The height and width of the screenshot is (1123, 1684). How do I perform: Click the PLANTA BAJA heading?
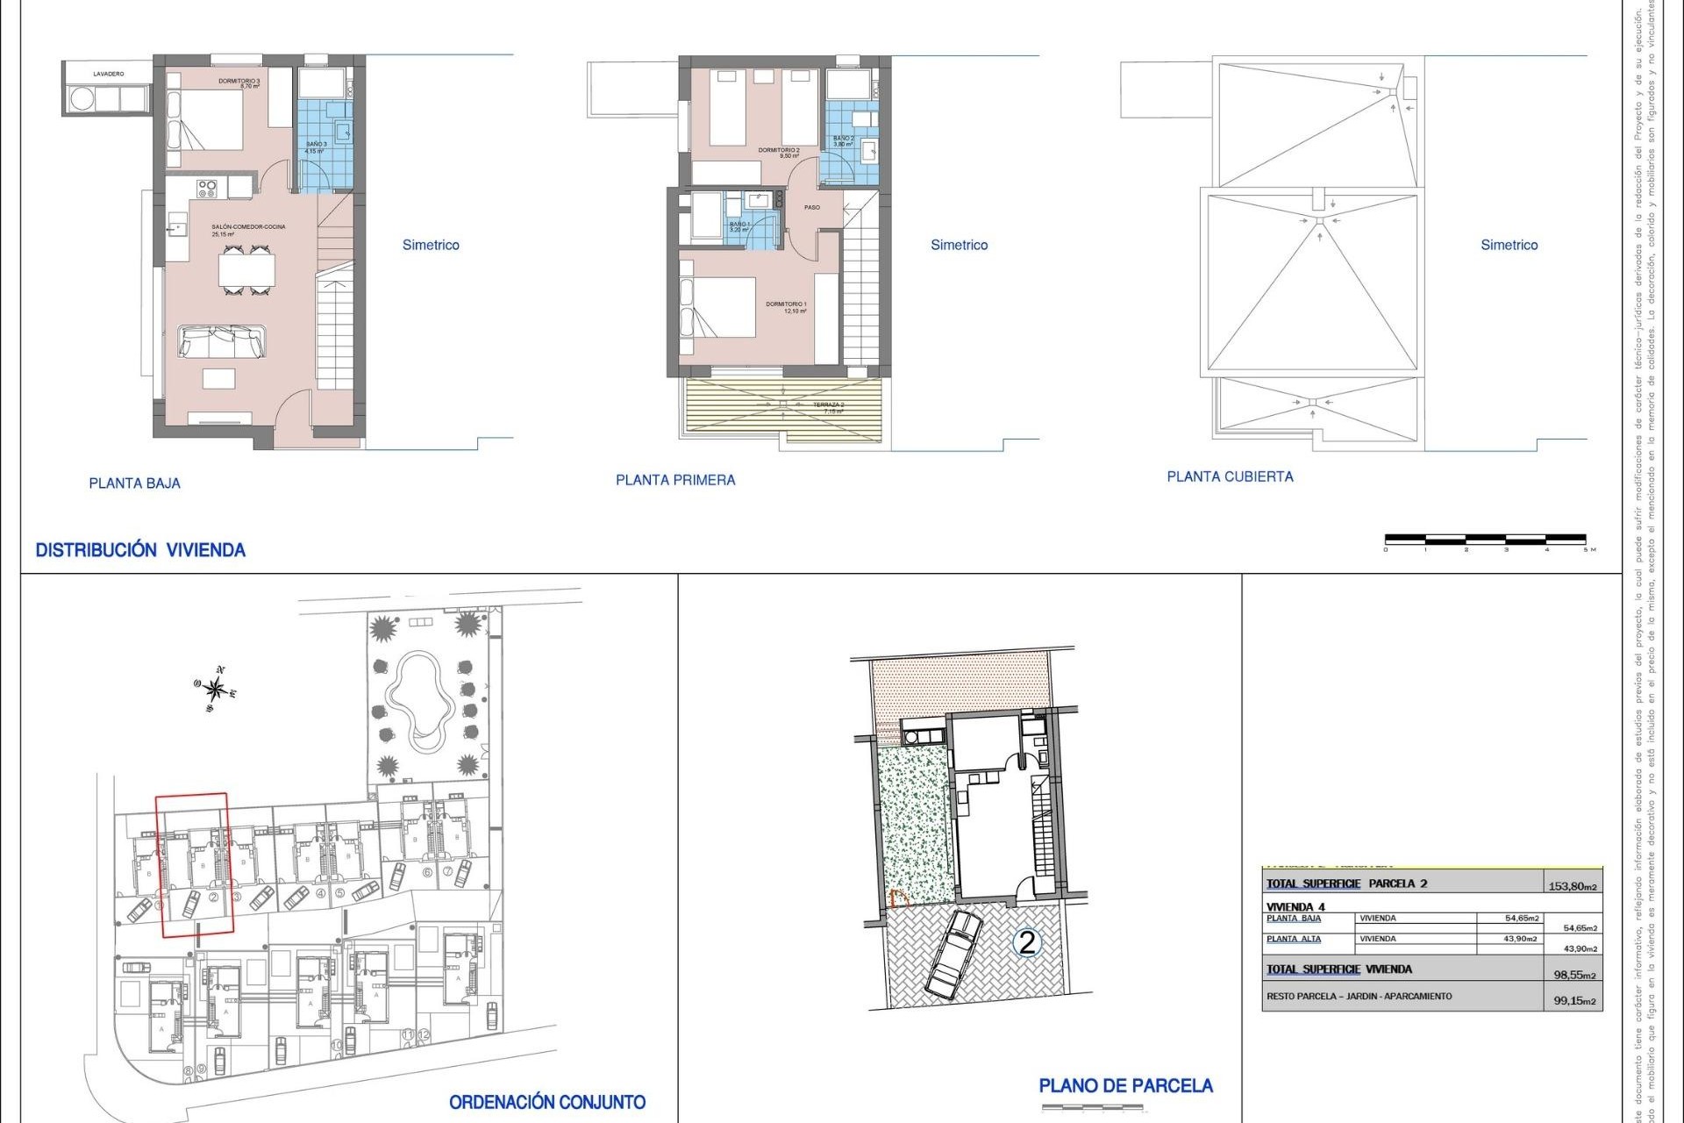[x=134, y=483]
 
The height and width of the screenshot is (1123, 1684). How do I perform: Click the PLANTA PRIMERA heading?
[x=675, y=480]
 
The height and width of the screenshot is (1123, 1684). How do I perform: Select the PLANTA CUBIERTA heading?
[x=1230, y=476]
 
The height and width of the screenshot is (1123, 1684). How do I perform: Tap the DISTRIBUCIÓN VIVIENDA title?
[x=140, y=550]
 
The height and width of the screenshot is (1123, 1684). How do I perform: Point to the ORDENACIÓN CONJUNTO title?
[x=547, y=1102]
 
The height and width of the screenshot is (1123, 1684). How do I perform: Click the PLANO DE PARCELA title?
[x=1125, y=1086]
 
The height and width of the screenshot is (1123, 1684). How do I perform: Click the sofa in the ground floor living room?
[x=221, y=341]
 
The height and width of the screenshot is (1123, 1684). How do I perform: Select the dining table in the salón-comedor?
[x=246, y=270]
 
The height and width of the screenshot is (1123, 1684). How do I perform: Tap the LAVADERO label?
[x=109, y=75]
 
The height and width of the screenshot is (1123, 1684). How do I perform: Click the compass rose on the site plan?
[x=215, y=690]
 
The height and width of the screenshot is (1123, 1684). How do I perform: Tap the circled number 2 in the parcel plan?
[x=1026, y=942]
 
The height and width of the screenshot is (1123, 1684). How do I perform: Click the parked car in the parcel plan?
[x=954, y=955]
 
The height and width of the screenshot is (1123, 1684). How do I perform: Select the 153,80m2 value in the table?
[x=1573, y=886]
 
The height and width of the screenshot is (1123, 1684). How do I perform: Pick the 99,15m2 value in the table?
[x=1574, y=1000]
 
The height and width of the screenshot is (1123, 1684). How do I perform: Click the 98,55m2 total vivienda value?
[x=1574, y=975]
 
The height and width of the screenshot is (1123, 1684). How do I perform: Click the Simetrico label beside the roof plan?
[x=1509, y=245]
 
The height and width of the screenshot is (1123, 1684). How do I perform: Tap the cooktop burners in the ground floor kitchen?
[x=207, y=187]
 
